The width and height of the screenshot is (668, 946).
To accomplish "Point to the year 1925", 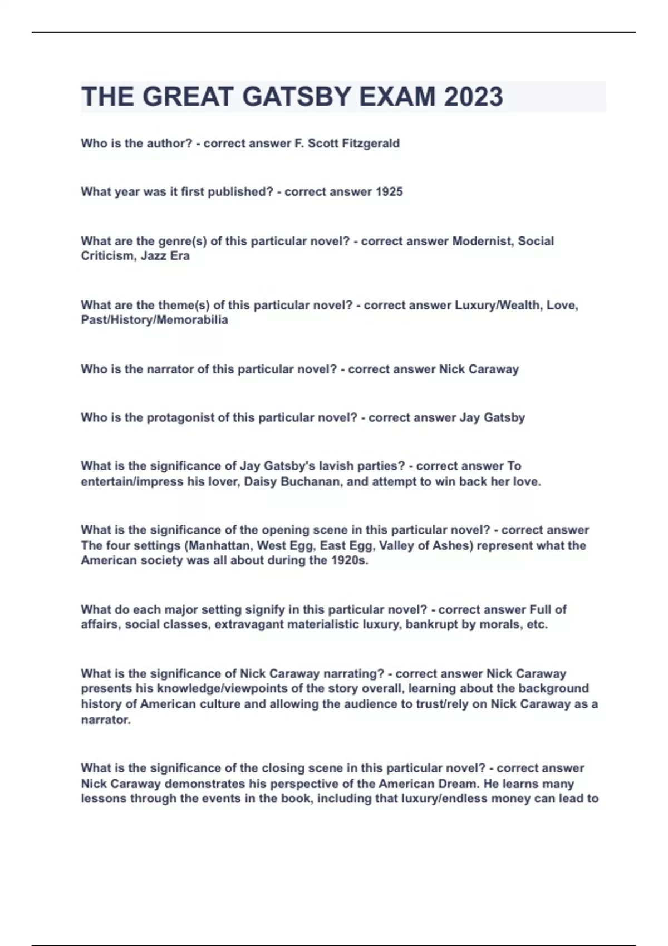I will tap(389, 192).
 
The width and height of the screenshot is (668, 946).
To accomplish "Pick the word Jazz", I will tap(148, 256).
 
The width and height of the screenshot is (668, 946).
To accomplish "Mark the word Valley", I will tap(397, 546).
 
